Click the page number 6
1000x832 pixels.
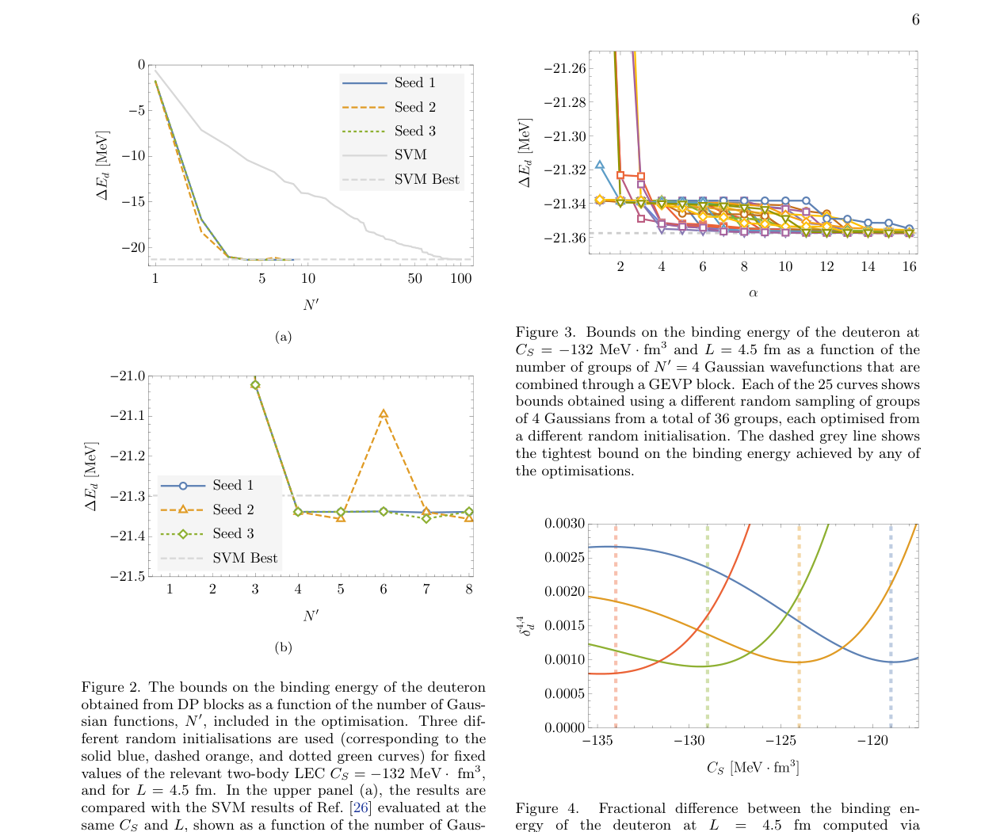(x=915, y=20)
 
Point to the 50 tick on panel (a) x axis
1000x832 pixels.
(x=414, y=279)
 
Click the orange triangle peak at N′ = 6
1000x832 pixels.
(x=384, y=414)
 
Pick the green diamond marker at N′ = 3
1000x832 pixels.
(x=255, y=385)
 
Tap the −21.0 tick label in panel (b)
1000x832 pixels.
(x=128, y=376)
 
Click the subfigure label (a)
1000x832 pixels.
(x=283, y=337)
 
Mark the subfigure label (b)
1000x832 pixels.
(x=283, y=647)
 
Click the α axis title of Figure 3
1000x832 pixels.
(x=753, y=293)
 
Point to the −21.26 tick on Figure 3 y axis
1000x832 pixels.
(x=563, y=68)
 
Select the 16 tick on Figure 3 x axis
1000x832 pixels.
(x=909, y=267)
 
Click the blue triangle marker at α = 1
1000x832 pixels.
(x=600, y=165)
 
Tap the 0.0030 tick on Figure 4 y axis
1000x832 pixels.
(x=563, y=524)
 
